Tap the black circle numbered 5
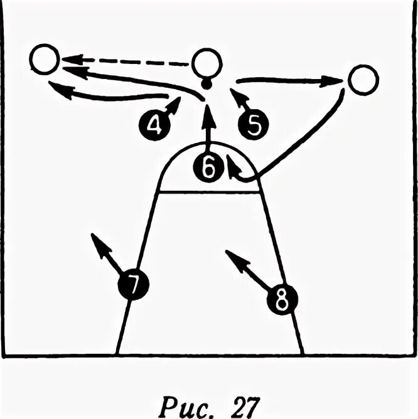(253, 125)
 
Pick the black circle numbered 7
(133, 286)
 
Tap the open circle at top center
(206, 63)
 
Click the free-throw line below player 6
(208, 193)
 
